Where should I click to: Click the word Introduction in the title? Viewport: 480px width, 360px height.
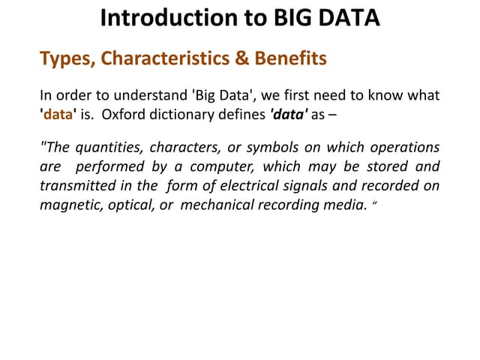point(163,17)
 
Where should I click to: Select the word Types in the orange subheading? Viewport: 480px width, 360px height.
point(64,58)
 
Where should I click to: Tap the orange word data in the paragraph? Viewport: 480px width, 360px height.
point(57,115)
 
